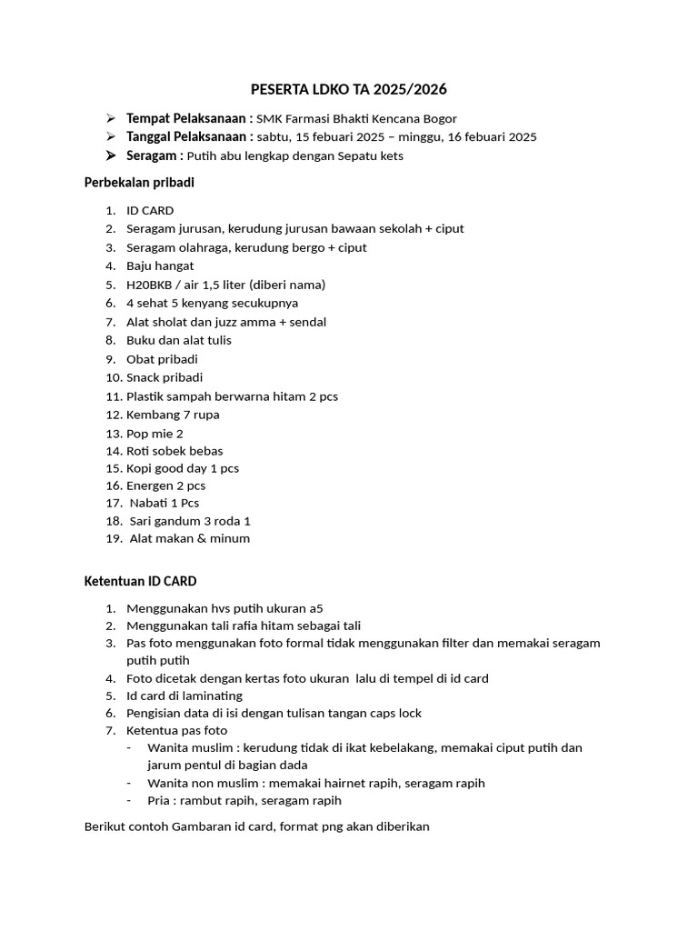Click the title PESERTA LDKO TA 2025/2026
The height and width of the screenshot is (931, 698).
[349, 90]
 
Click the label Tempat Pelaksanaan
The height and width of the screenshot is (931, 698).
[189, 118]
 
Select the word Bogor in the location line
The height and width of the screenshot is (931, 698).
[439, 118]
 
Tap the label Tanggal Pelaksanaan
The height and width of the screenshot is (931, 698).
[189, 136]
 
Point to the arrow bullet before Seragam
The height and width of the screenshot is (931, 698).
[110, 155]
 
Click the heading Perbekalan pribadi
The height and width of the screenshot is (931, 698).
[139, 183]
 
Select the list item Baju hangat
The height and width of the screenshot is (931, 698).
[160, 265]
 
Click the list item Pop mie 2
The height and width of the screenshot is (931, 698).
[155, 434]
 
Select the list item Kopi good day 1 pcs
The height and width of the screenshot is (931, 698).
[183, 468]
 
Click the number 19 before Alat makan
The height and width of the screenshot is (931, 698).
[113, 538]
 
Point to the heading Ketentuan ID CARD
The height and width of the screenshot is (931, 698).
[140, 581]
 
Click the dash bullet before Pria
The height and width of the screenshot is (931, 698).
[129, 801]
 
